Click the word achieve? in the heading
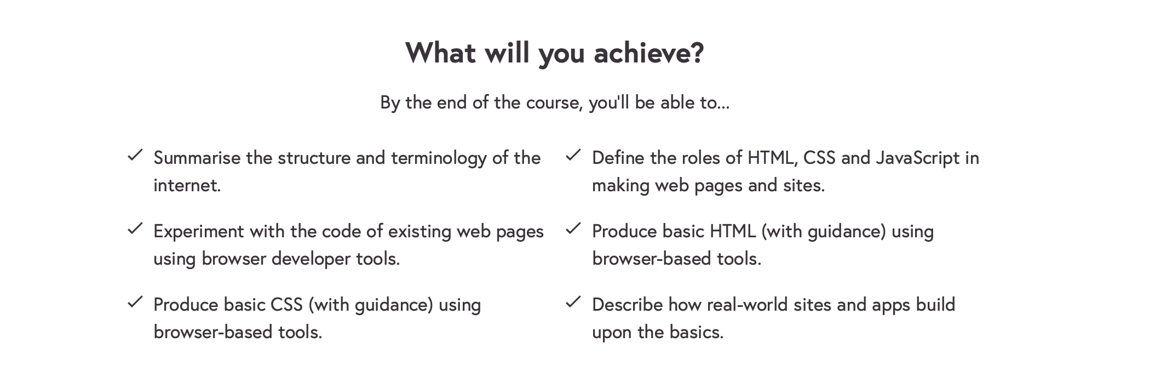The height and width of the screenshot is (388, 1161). (x=648, y=53)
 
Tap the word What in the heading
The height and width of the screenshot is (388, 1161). (x=441, y=53)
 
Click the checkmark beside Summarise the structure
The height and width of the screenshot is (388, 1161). (x=135, y=155)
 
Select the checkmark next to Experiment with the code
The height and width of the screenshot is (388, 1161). (x=135, y=229)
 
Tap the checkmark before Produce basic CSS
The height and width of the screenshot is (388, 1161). (x=135, y=302)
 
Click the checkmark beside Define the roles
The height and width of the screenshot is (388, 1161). (x=573, y=155)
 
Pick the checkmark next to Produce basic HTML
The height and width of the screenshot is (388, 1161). (x=573, y=229)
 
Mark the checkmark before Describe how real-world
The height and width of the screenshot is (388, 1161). (x=573, y=302)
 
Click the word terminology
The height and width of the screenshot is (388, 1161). (x=439, y=159)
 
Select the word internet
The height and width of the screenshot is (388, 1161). (x=187, y=185)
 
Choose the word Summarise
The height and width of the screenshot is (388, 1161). (x=197, y=158)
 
